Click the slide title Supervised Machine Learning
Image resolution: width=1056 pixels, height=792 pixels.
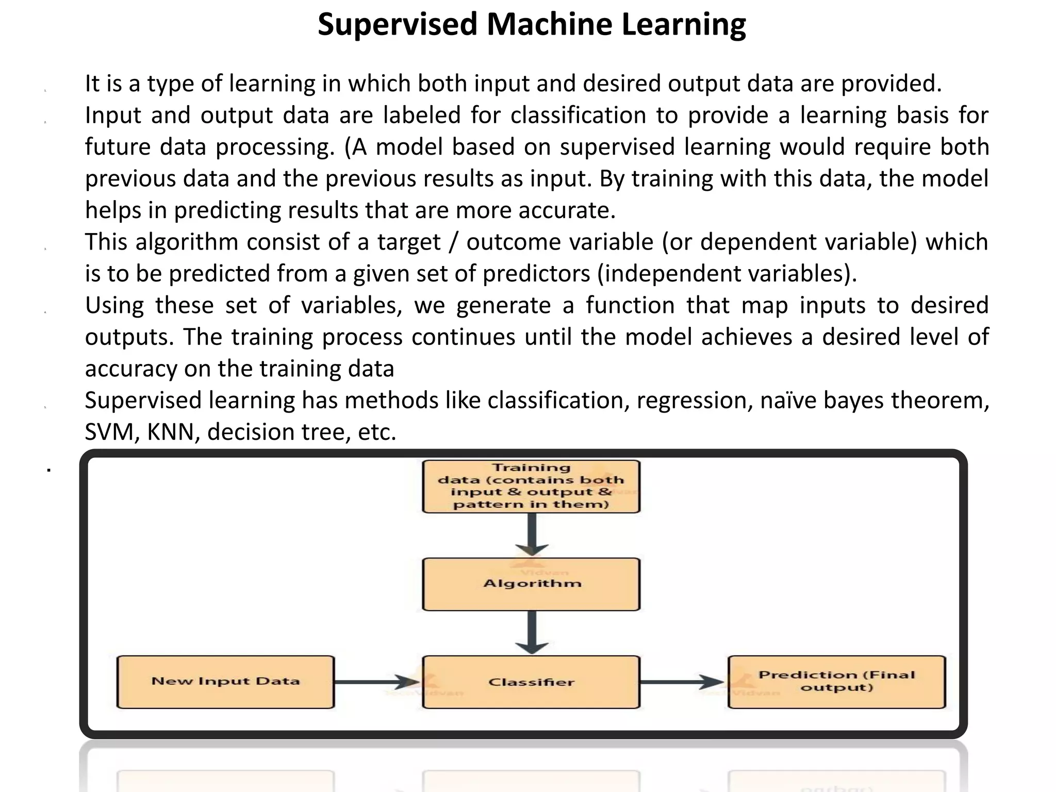(532, 24)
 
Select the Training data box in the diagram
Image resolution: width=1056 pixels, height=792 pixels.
(531, 486)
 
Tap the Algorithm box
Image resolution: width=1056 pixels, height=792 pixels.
(531, 584)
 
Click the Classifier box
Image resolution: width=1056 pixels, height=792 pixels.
(531, 682)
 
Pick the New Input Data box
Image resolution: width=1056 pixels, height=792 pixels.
(225, 682)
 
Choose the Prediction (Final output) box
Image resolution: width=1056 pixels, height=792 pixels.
(836, 682)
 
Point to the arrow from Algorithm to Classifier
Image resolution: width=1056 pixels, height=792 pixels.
(532, 633)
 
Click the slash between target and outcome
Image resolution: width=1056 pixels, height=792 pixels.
(453, 242)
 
